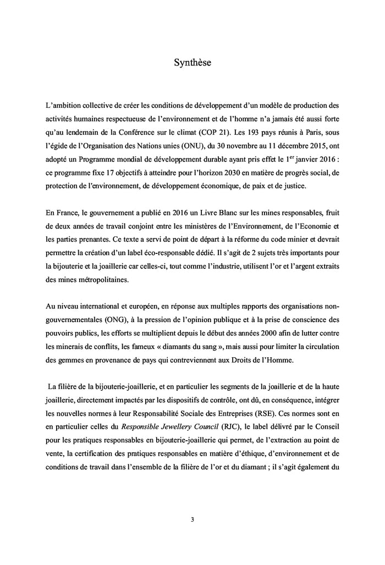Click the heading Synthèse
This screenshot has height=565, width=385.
[x=193, y=63]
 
